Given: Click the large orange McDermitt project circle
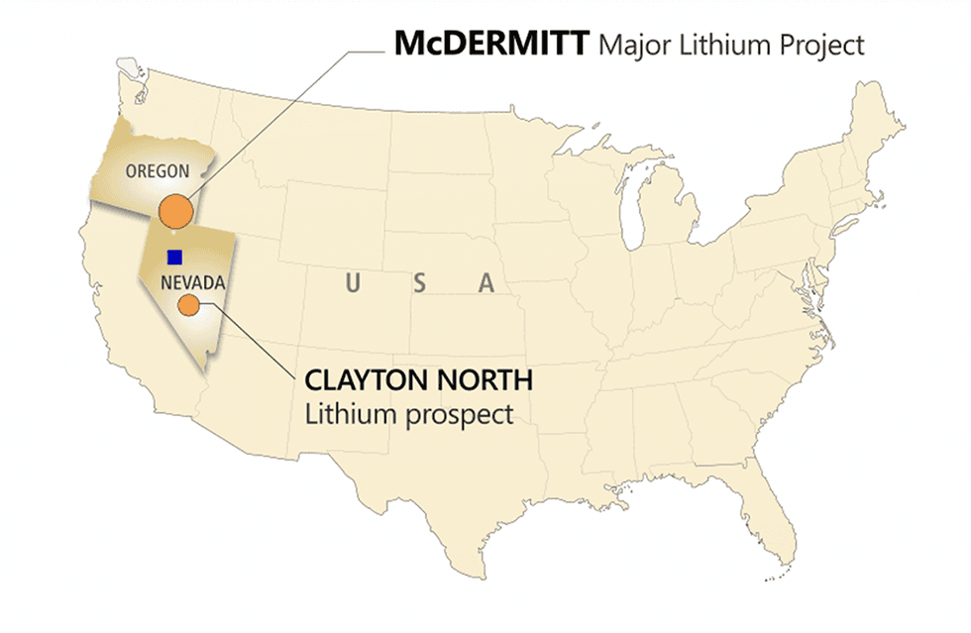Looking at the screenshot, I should click(x=175, y=210).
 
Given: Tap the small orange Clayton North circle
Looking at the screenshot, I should click(x=186, y=306).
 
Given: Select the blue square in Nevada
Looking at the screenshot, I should click(x=174, y=257).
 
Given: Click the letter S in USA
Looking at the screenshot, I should click(x=419, y=283).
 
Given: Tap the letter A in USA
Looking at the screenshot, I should click(x=485, y=283).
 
